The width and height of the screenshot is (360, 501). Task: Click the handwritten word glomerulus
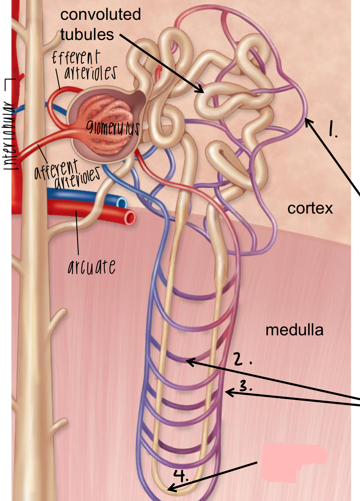click(112, 127)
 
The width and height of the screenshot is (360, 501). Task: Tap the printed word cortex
click(310, 208)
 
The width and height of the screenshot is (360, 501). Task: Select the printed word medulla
click(294, 330)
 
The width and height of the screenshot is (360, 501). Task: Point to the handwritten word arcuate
click(92, 267)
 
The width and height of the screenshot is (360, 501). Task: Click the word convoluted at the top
click(100, 14)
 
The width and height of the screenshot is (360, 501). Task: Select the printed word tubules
click(87, 35)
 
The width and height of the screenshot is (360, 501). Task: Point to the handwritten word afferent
click(56, 169)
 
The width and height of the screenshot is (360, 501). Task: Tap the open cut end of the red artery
click(130, 218)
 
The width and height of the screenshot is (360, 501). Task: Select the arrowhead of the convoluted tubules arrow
click(200, 90)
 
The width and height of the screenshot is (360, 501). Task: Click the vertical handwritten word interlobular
click(10, 135)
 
